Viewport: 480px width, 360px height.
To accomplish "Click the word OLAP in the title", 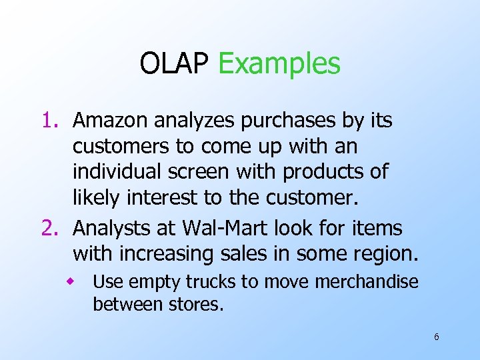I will tap(175, 64).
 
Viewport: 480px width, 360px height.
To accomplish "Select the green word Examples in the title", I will tap(279, 65).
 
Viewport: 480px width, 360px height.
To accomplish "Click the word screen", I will tap(206, 172).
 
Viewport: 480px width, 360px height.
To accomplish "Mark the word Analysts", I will tap(109, 228).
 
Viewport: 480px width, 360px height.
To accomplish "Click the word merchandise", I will tap(367, 282).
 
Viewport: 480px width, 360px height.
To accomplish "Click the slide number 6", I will tap(436, 337).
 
